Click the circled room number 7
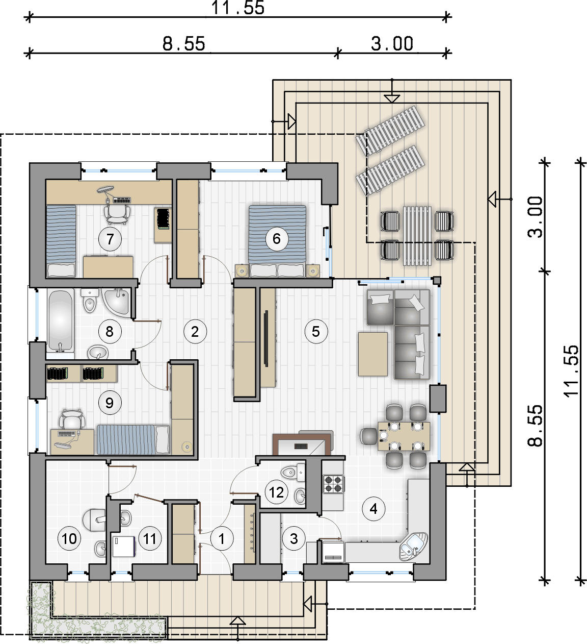point(110,239)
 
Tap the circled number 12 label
point(276,492)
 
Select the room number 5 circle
point(316,332)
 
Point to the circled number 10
point(69,539)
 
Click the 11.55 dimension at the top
point(238,8)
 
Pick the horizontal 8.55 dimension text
point(184,44)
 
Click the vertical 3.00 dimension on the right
point(535,217)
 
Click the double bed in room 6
point(277,241)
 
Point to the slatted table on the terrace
point(417,236)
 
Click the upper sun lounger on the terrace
point(390,130)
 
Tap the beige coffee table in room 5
point(373,354)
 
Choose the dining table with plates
point(404,436)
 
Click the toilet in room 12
point(292,472)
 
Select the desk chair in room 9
point(72,419)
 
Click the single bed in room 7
point(61,241)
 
